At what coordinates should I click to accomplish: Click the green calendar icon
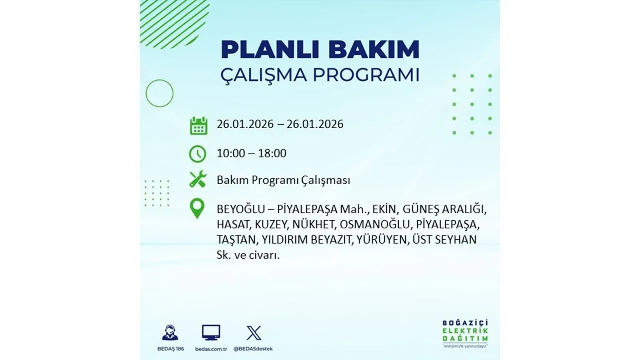(198, 125)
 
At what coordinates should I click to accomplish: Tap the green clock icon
(198, 154)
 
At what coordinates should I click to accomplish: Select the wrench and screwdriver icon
(198, 179)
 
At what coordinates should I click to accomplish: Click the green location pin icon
(198, 208)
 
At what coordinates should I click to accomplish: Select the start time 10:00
(231, 153)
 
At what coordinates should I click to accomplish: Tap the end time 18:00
(272, 153)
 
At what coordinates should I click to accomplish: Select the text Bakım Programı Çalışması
(283, 180)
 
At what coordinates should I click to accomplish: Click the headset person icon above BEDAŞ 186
(170, 333)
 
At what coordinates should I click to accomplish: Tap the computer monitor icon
(211, 333)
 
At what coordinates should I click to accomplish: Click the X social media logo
(254, 333)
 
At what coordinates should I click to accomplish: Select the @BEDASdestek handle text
(254, 348)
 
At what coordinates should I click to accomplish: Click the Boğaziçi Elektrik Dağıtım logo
(465, 332)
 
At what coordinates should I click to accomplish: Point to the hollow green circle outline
(159, 93)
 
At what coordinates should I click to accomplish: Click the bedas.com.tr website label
(211, 348)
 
